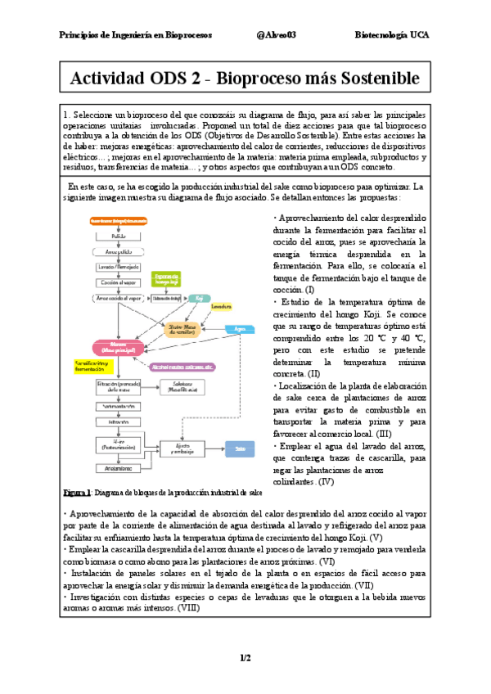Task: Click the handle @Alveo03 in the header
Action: [x=276, y=35]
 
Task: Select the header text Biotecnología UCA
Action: [x=391, y=35]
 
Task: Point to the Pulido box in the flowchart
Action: [x=119, y=236]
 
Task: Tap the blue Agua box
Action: [x=240, y=329]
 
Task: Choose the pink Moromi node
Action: [x=119, y=347]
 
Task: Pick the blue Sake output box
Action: [x=240, y=448]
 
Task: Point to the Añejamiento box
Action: [x=119, y=467]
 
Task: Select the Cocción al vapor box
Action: [x=119, y=282]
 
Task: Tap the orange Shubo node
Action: [x=182, y=329]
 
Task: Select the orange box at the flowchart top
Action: [x=119, y=221]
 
